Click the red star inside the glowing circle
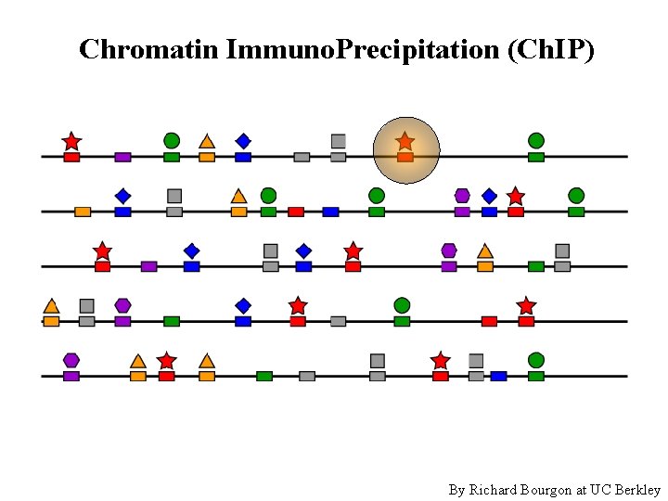pyautogui.click(x=405, y=141)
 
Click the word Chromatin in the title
pyautogui.click(x=148, y=49)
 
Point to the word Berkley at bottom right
pyautogui.click(x=637, y=489)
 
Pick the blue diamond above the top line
pyautogui.click(x=243, y=141)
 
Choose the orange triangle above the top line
pyautogui.click(x=207, y=141)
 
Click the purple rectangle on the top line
pyautogui.click(x=122, y=157)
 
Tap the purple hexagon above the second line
pyautogui.click(x=462, y=195)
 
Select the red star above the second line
pyautogui.click(x=516, y=196)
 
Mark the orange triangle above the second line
pyautogui.click(x=238, y=196)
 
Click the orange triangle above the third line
pyautogui.click(x=484, y=250)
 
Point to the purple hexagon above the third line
pyautogui.click(x=449, y=250)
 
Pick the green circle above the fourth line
pyautogui.click(x=402, y=305)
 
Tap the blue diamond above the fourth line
pyautogui.click(x=243, y=305)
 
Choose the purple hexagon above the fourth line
pyautogui.click(x=122, y=305)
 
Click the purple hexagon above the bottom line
pyautogui.click(x=71, y=360)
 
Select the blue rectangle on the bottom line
pyautogui.click(x=498, y=376)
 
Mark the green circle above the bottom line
pyautogui.click(x=536, y=360)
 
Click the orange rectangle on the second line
pyautogui.click(x=83, y=212)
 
